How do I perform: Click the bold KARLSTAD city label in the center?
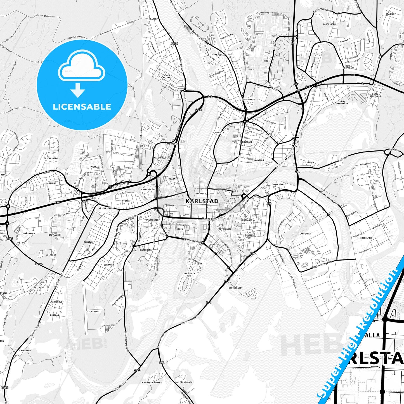coord(202,201)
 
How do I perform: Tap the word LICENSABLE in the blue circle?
coord(82,107)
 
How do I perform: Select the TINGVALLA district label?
coord(200,193)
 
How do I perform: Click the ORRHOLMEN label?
coord(189,273)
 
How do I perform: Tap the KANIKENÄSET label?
coord(235,288)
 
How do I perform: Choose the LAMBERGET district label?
coord(305,234)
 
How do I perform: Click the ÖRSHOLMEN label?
coord(366,238)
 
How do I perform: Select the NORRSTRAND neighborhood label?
coord(246,142)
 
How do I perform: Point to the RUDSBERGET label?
coord(249,99)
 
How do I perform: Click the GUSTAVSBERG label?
coord(51,158)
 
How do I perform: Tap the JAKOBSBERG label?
coord(93,311)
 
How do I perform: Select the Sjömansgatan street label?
coord(193,241)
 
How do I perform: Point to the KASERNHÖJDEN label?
coord(162,158)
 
